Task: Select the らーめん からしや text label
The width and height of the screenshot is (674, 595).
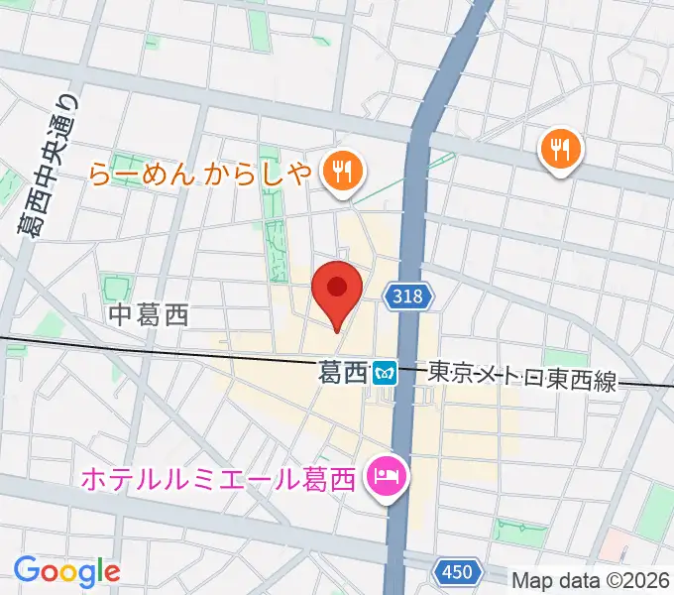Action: pos(201,174)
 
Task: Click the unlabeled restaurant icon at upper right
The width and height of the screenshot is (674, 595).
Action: pos(561,150)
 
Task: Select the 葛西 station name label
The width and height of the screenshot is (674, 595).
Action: pos(343,373)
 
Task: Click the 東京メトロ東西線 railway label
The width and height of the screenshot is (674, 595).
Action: pos(521,375)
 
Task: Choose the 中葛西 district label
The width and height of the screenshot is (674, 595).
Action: pos(149,316)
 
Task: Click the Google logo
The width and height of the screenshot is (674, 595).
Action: pos(66,571)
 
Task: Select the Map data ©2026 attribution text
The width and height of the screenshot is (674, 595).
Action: pos(592,578)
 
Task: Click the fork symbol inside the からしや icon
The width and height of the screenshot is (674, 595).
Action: pos(341,171)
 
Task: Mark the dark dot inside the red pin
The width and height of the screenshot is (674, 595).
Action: pos(336,288)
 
